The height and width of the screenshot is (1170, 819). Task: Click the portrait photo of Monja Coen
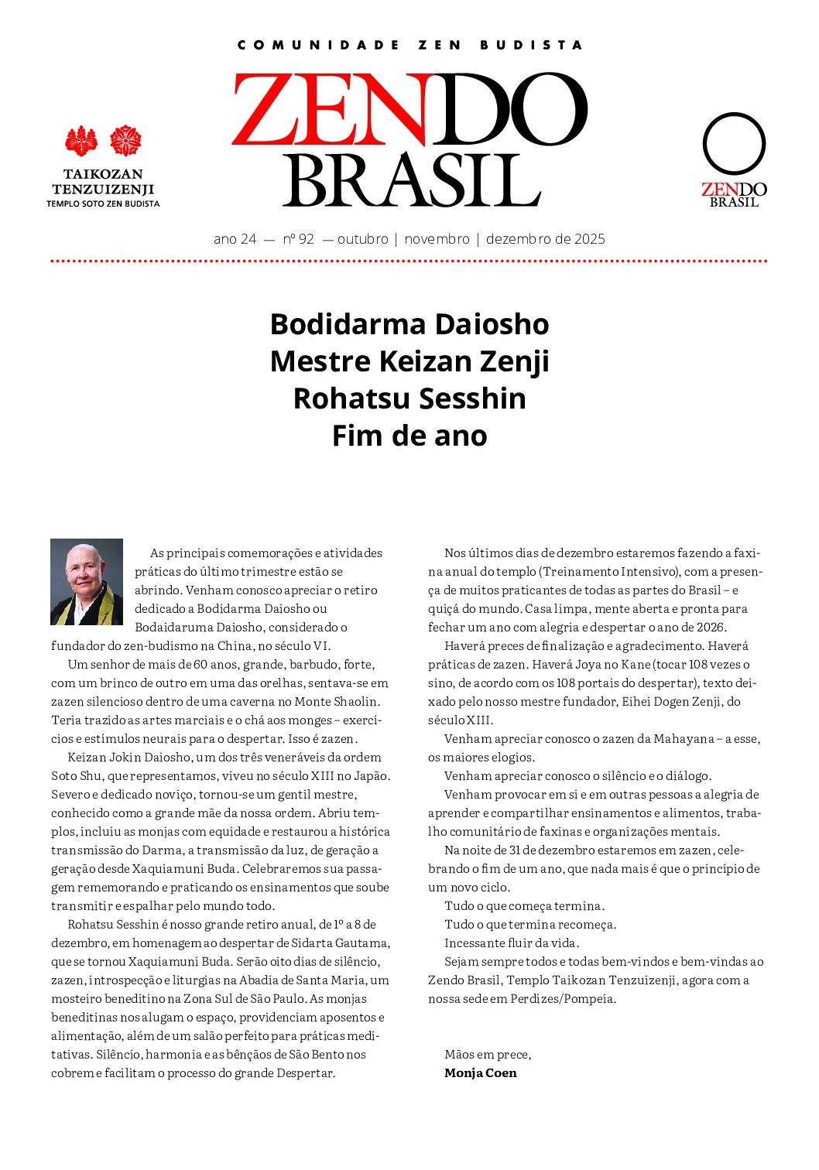pyautogui.click(x=87, y=582)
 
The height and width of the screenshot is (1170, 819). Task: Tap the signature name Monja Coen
pyautogui.click(x=480, y=1072)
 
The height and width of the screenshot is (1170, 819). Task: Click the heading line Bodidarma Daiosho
pyautogui.click(x=409, y=323)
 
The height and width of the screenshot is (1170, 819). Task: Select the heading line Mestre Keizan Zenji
pyautogui.click(x=409, y=361)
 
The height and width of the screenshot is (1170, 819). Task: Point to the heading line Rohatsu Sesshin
pyautogui.click(x=409, y=398)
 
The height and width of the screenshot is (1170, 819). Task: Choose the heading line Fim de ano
pyautogui.click(x=409, y=435)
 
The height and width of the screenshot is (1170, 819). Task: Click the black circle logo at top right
pyautogui.click(x=734, y=144)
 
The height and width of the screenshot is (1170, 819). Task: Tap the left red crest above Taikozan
pyautogui.click(x=81, y=142)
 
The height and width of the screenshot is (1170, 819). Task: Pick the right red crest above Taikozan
pyautogui.click(x=125, y=141)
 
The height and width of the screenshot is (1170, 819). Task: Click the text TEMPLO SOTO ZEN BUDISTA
pyautogui.click(x=103, y=204)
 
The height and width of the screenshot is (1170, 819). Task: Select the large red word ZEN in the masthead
pyautogui.click(x=329, y=110)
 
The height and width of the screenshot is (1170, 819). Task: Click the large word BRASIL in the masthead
pyautogui.click(x=411, y=180)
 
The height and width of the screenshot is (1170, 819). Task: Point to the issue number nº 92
pyautogui.click(x=299, y=239)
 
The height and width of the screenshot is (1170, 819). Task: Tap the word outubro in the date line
pyautogui.click(x=362, y=239)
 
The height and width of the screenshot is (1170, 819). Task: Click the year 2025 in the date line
pyautogui.click(x=589, y=239)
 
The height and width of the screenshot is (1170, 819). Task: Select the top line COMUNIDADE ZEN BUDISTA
pyautogui.click(x=409, y=45)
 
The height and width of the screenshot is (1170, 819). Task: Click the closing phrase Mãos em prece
pyautogui.click(x=488, y=1054)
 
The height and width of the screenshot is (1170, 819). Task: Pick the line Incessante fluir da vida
pyautogui.click(x=512, y=942)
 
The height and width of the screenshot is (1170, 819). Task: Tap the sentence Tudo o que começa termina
pyautogui.click(x=524, y=905)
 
